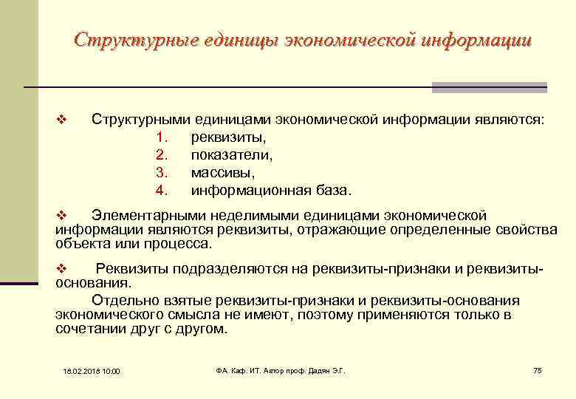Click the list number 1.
[163, 137]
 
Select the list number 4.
[163, 191]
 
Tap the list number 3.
[163, 173]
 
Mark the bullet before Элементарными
[62, 216]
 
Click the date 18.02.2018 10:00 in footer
[92, 370]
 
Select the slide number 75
[537, 369]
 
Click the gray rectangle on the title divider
[489, 87]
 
